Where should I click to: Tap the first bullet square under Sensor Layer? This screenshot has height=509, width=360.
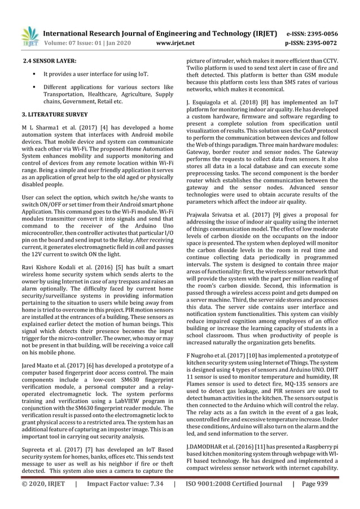coord(34,74)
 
